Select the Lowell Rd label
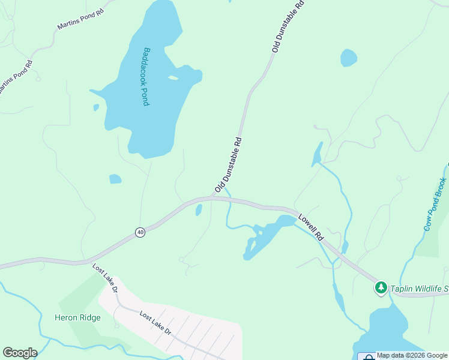coord(311,229)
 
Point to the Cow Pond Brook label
coord(435,204)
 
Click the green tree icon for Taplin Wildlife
coord(381,288)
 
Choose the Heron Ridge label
coord(77,318)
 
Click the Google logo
coord(20,353)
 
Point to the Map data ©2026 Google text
coord(412,355)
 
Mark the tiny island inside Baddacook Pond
coord(173,77)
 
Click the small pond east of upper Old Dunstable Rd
coord(348,58)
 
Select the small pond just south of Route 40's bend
coord(199,210)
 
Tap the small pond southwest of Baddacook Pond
coord(115,179)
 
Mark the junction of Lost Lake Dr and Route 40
coord(90,262)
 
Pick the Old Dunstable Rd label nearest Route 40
coord(228,166)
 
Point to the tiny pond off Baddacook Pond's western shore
coord(96,107)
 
